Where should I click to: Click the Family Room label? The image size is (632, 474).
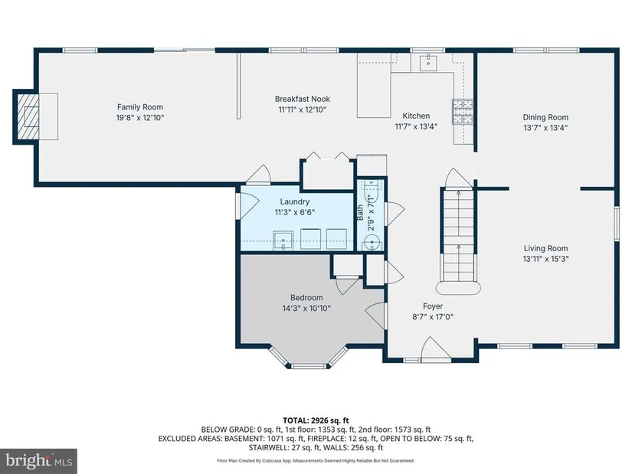(140, 106)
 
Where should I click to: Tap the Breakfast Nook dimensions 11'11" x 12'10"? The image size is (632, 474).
(303, 110)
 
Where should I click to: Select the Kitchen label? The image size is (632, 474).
(416, 116)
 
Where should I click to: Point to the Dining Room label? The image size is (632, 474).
(545, 117)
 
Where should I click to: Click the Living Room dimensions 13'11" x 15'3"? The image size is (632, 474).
(545, 259)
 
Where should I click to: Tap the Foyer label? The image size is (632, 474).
(433, 306)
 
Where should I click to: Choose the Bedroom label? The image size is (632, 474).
(306, 298)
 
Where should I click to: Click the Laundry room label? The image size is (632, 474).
(295, 201)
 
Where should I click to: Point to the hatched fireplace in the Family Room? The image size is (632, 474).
(28, 117)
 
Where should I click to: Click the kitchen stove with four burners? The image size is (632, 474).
(462, 111)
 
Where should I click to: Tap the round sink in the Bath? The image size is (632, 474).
(372, 243)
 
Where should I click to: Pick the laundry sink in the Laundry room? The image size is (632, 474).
(283, 240)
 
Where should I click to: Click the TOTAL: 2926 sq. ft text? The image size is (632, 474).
(316, 421)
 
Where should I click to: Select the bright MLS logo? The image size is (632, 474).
(39, 460)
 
